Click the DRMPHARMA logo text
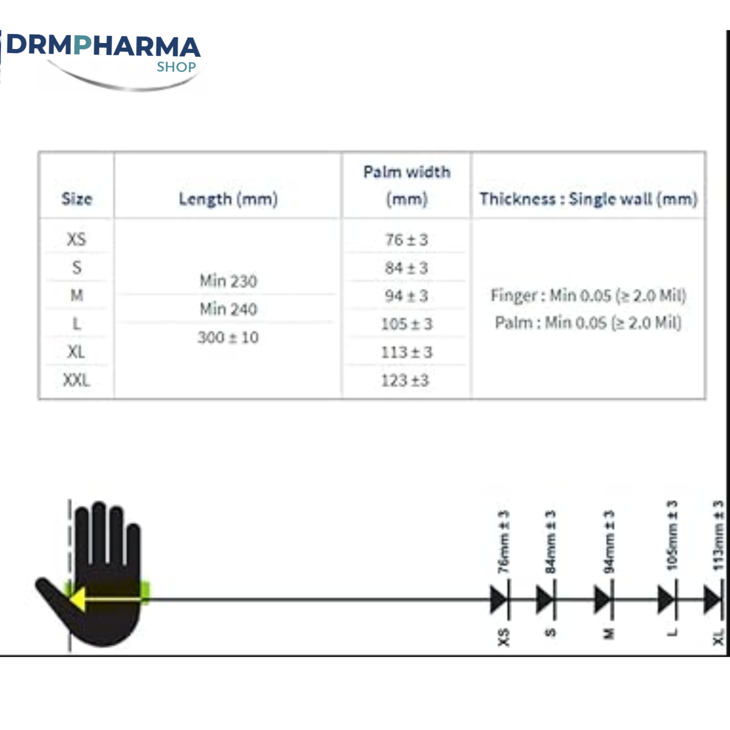104,46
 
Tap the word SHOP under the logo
176,67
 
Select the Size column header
77,199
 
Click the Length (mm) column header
228,199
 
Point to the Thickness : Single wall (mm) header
588,199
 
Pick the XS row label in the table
77,239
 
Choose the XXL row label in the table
77,380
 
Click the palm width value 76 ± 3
407,239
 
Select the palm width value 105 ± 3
407,324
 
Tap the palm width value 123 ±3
405,380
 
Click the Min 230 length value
228,281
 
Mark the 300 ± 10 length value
228,337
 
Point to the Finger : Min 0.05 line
588,295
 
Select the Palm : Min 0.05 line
588,322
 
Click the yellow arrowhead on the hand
77,600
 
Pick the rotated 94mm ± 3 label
610,542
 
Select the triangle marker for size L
666,600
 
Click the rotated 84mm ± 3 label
551,542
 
